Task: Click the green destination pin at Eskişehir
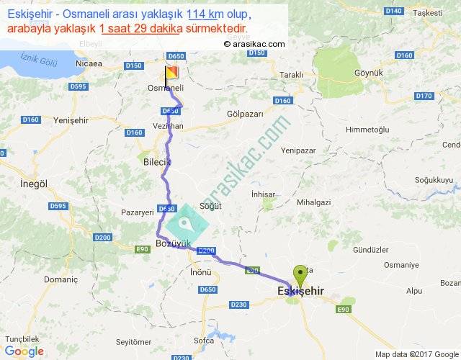pyautogui.click(x=300, y=274)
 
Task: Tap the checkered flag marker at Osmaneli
pyautogui.click(x=171, y=73)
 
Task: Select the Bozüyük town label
pyautogui.click(x=173, y=244)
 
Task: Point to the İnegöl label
pyautogui.click(x=34, y=184)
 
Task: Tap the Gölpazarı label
pyautogui.click(x=245, y=114)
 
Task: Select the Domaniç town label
pyautogui.click(x=61, y=278)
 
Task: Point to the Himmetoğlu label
pyautogui.click(x=367, y=129)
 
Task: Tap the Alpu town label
pyautogui.click(x=413, y=291)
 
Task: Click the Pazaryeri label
pyautogui.click(x=138, y=213)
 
